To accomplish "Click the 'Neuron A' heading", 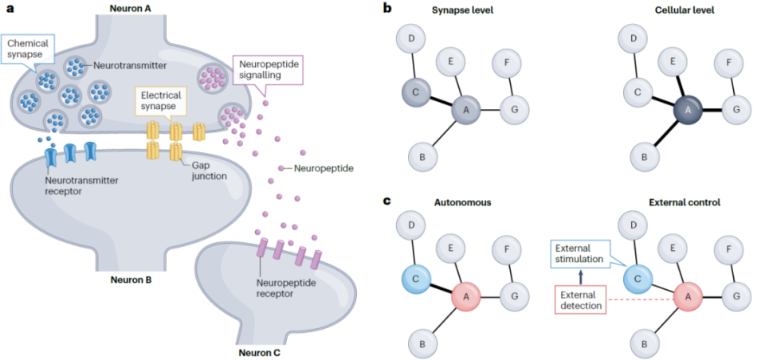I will (131, 6).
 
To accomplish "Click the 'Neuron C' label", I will (261, 351).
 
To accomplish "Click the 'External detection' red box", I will (581, 299).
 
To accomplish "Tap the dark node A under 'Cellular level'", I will (685, 110).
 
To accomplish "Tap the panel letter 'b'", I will (388, 9).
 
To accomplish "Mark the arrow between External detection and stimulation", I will (581, 276).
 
